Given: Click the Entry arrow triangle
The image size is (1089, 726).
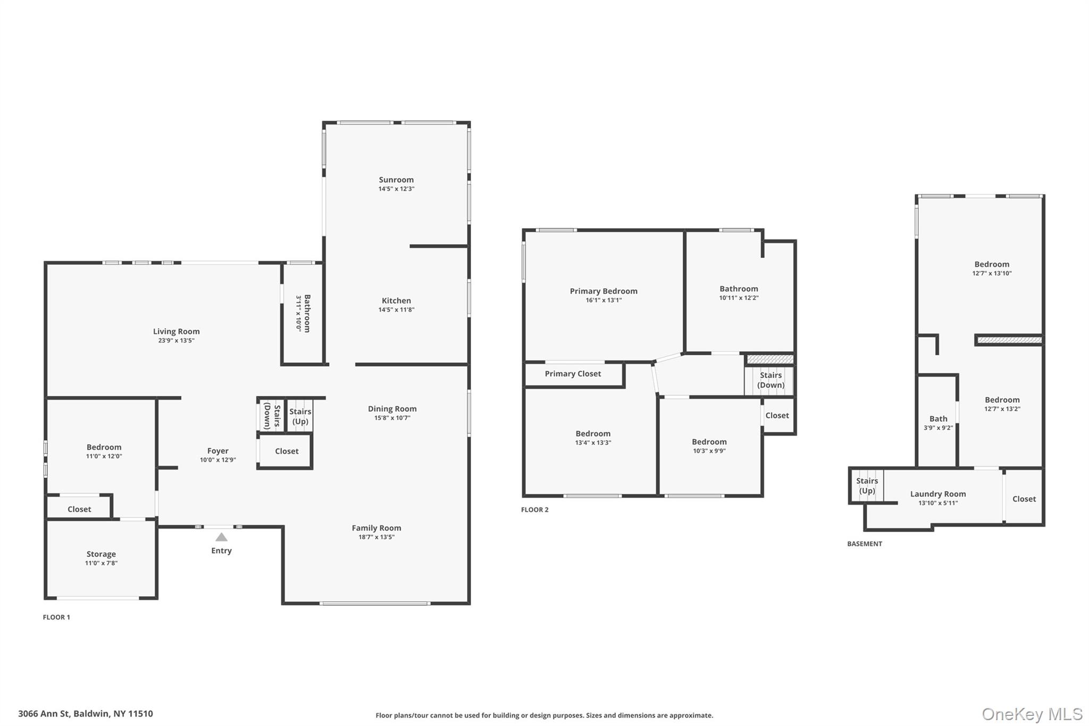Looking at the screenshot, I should (x=221, y=537).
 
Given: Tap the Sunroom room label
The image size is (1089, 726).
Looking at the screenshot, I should (x=396, y=180).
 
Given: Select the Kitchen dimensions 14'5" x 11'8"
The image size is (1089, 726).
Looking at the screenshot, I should (x=396, y=310).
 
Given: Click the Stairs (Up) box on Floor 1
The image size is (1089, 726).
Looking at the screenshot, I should (x=300, y=416).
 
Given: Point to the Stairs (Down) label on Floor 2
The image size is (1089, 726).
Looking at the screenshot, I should (x=770, y=380).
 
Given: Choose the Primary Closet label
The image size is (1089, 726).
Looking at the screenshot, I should (x=573, y=374).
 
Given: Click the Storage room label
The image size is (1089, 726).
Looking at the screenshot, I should (x=101, y=554).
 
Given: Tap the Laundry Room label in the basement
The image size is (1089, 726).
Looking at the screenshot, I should (x=938, y=494).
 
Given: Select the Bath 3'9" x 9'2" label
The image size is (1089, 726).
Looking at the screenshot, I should (x=938, y=423).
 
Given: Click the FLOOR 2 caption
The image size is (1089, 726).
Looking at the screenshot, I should (x=534, y=510).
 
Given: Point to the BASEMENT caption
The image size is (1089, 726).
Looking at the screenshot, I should (x=864, y=544).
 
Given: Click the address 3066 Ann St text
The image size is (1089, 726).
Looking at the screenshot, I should (x=85, y=714).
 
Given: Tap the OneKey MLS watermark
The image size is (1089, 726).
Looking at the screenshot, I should (x=1032, y=714).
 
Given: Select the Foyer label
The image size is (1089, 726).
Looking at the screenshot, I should (x=217, y=451).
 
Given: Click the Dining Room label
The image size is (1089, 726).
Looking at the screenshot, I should (x=392, y=409).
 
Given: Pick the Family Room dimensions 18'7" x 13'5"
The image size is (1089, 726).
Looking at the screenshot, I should (x=376, y=537).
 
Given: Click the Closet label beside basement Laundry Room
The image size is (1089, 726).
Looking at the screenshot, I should (x=1024, y=499).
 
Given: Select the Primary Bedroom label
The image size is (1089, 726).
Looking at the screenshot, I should (x=604, y=291).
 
